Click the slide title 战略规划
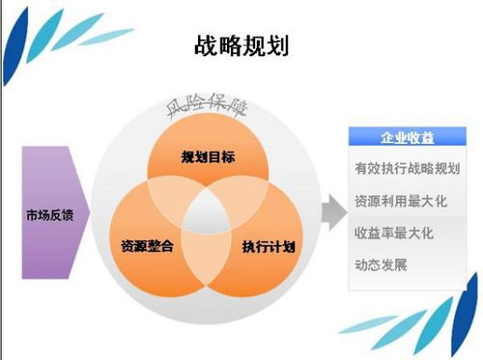coord(241,45)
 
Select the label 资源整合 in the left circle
coord(148,246)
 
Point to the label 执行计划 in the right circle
coord(268,246)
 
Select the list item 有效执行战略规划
coord(407,169)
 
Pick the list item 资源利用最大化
coord(400,202)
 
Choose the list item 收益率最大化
coord(394,233)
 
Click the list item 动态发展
coord(382,263)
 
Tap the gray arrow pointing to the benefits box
coord(333,204)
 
